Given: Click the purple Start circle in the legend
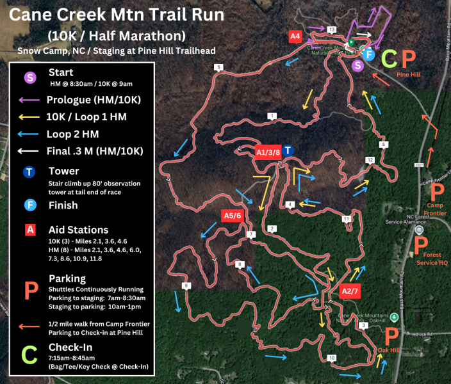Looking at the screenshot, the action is point(29,77).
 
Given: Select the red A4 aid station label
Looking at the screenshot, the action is point(295,36).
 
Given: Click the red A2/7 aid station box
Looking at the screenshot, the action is point(350,291).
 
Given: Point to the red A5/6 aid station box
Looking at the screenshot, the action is point(231,215).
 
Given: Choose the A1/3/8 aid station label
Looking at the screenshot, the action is point(268,152).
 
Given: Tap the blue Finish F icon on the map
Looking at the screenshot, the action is point(369,55).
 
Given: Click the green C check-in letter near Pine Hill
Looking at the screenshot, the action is point(388,59).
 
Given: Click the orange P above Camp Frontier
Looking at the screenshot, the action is point(437,192).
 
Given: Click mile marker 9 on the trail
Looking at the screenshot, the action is point(186,285).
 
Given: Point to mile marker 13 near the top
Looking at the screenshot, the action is point(331,30).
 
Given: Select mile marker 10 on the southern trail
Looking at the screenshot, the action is point(331,358).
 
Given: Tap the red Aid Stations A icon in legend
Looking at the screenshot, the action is point(29,230).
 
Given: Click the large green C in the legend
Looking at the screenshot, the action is point(29,354).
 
